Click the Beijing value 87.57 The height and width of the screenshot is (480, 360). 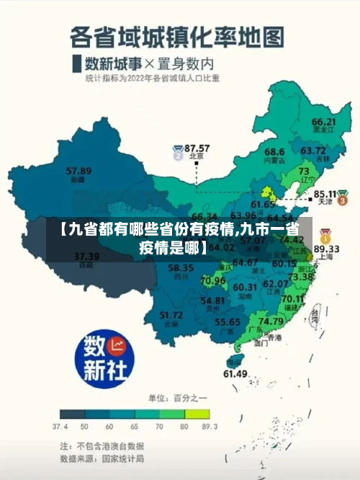(x=197, y=147)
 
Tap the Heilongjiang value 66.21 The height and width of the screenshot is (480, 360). (x=324, y=122)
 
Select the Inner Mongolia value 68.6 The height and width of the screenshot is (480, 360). (x=274, y=152)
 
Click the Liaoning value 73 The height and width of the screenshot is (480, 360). (x=305, y=171)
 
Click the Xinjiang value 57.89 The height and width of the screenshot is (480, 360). (x=78, y=171)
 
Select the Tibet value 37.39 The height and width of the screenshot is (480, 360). (x=86, y=256)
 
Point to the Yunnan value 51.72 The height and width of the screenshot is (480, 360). (x=171, y=315)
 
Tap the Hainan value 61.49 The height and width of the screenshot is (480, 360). (x=235, y=373)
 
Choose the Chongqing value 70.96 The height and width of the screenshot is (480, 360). (x=213, y=280)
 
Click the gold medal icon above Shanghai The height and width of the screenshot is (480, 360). (x=325, y=236)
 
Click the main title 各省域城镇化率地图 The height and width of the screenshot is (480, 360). (x=177, y=36)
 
